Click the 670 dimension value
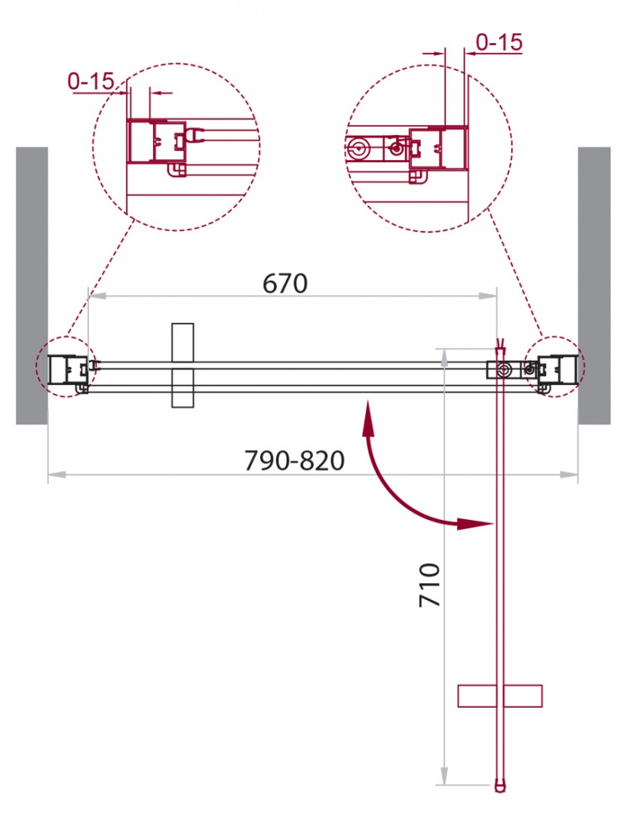pyautogui.click(x=284, y=283)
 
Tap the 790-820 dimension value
pyautogui.click(x=294, y=460)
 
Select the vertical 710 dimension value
pyautogui.click(x=430, y=585)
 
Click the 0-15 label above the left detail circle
pyautogui.click(x=91, y=81)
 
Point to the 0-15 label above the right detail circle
pyautogui.click(x=499, y=42)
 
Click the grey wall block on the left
pyautogui.click(x=32, y=285)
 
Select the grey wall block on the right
pyautogui.click(x=594, y=285)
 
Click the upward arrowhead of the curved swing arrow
pyautogui.click(x=368, y=417)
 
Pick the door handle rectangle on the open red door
pyautogui.click(x=500, y=696)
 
